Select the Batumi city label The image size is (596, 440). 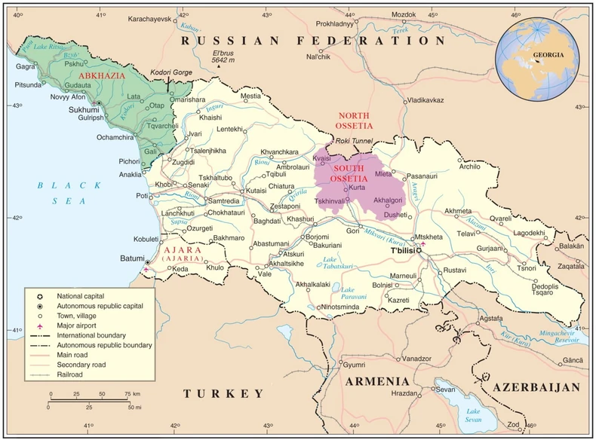coord(131,259)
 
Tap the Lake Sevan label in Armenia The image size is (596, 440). coord(472,415)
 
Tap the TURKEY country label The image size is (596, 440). coord(224,393)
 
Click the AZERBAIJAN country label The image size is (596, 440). coord(536,387)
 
